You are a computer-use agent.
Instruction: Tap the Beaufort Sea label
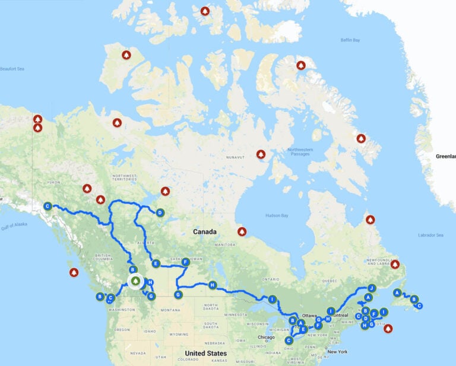point(12,69)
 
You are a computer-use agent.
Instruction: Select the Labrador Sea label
point(430,235)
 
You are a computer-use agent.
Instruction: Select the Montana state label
point(170,310)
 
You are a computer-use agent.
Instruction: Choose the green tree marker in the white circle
point(135,281)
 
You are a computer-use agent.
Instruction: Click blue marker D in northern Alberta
point(160,212)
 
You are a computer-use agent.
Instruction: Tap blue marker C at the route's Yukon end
point(47,206)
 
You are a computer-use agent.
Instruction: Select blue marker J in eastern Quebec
point(372,288)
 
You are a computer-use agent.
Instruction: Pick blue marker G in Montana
point(178,295)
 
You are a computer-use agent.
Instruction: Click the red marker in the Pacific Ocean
point(74,273)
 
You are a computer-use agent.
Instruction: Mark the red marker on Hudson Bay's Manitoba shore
point(241,231)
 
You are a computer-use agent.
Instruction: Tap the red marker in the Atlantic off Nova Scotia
point(388,328)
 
